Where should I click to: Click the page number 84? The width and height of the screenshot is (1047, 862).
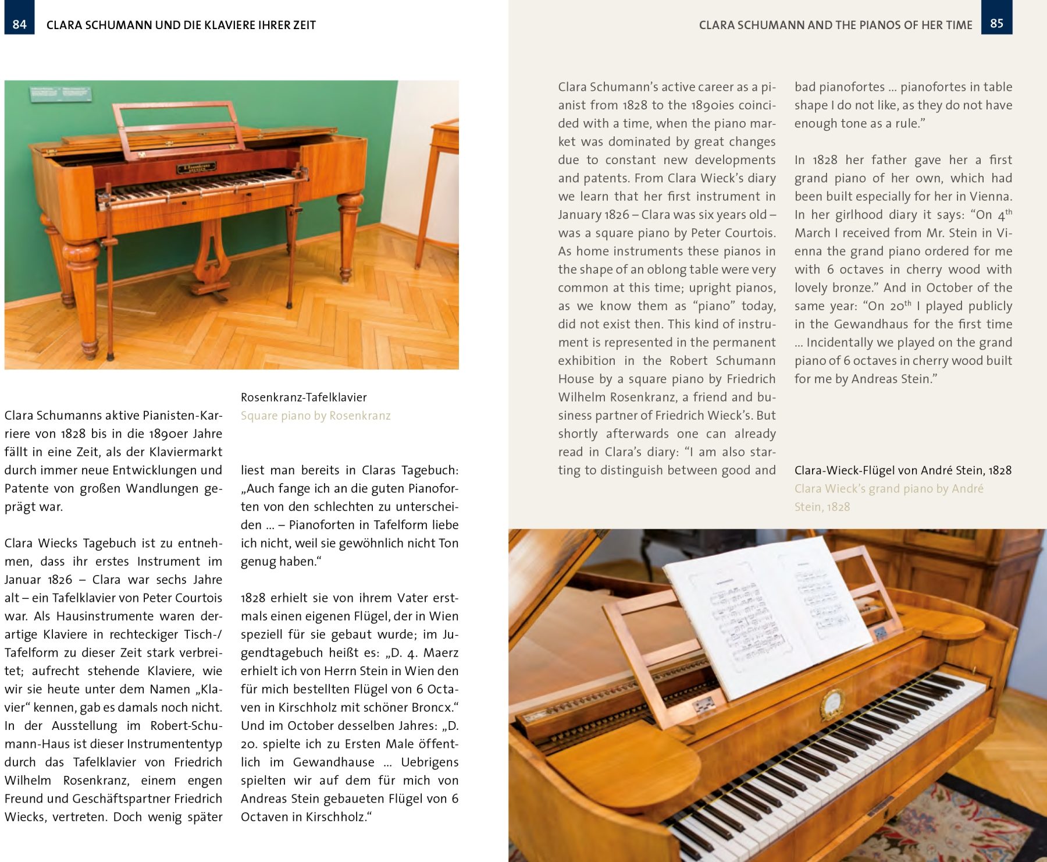[x=19, y=24]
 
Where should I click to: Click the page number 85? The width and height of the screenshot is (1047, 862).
[x=996, y=23]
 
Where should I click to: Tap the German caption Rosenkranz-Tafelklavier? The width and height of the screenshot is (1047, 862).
[x=304, y=398]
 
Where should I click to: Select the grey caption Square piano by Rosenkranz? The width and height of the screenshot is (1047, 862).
[x=315, y=416]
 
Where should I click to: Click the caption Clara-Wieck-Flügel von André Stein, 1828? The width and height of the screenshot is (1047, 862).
[x=903, y=470]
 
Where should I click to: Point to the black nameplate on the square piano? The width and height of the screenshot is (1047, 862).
[x=196, y=168]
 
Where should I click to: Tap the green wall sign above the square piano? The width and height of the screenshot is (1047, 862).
[x=60, y=93]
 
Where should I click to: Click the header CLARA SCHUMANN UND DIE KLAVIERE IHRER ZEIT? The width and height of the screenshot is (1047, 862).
[x=181, y=25]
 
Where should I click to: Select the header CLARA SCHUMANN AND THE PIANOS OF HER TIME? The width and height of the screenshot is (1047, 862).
[x=835, y=25]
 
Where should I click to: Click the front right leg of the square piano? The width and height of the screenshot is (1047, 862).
[x=350, y=233]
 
